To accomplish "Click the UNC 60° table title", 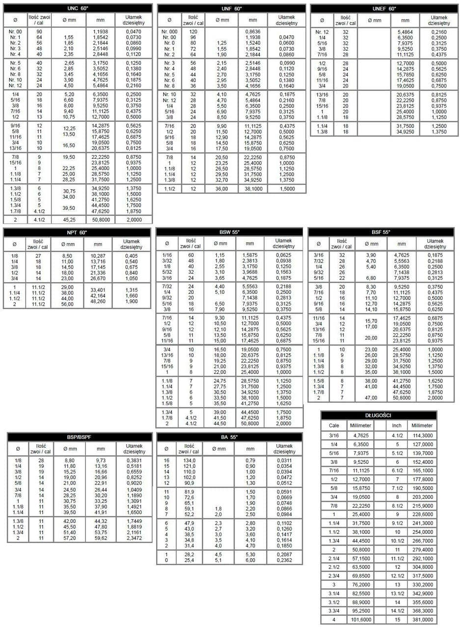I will [78, 8].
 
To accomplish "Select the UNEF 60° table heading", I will [384, 8].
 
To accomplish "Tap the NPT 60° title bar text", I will [78, 232].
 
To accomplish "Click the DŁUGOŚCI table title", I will [378, 416].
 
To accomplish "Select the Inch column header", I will [393, 425].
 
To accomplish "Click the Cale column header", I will [334, 425].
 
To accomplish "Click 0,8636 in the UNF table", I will [252, 31].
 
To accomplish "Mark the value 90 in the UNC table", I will [39, 31].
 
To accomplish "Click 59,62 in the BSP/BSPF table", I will [101, 538].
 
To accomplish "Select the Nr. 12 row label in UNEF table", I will [322, 31].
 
